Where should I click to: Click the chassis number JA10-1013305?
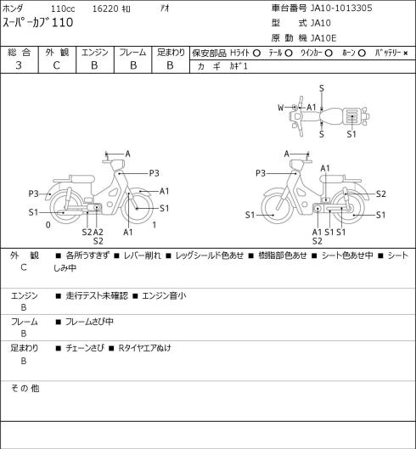tap(341, 8)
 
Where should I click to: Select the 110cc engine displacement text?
tap(63, 8)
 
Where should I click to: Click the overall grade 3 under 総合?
tap(19, 65)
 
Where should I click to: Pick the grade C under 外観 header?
tap(56, 65)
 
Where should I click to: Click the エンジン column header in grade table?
tap(95, 53)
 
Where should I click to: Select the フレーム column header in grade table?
tap(132, 53)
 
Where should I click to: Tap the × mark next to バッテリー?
tap(406, 53)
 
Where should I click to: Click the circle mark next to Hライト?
tap(256, 53)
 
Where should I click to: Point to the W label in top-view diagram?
tap(281, 108)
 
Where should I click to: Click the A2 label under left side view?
tap(98, 232)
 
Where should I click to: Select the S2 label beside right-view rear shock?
tap(380, 194)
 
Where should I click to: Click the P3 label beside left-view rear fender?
tap(33, 194)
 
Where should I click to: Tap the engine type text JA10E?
tap(323, 38)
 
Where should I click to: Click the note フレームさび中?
tap(89, 322)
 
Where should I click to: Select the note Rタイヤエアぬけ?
tap(144, 348)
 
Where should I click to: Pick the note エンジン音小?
tap(164, 295)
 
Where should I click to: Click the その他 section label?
tap(25, 389)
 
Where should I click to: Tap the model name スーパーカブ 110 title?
tap(38, 23)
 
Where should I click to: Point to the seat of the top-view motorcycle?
tap(331, 116)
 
